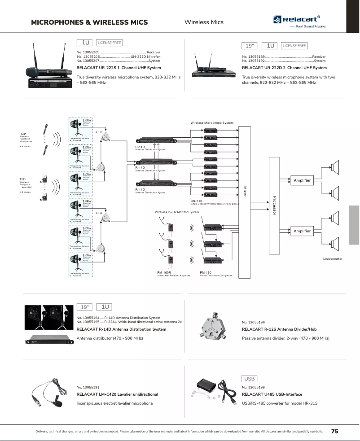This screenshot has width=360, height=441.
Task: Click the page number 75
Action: click(x=334, y=431)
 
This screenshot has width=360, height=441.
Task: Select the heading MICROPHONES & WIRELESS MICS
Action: click(x=89, y=22)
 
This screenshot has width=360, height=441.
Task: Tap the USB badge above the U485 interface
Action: click(x=250, y=379)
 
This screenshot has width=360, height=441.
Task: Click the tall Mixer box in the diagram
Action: click(x=245, y=201)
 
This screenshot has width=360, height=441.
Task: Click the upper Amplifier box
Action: click(x=302, y=180)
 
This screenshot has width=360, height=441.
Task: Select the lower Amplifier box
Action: click(x=302, y=231)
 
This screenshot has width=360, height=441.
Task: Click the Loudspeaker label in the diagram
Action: click(x=333, y=259)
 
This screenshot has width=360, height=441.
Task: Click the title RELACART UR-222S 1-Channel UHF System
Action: click(x=119, y=68)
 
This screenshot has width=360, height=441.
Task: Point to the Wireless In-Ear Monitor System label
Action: click(x=176, y=212)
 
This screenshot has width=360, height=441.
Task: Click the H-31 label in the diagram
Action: click(x=23, y=134)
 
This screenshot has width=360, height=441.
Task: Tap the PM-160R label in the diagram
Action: click(x=164, y=272)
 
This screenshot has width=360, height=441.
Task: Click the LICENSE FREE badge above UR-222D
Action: click(x=294, y=46)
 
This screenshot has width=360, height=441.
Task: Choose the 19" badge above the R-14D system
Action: click(x=84, y=307)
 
